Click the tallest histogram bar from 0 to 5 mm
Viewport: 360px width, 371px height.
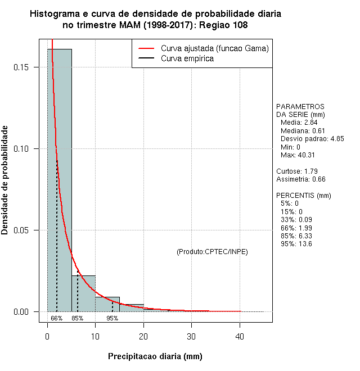59,180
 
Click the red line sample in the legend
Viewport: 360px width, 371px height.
146,48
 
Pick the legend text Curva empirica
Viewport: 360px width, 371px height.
187,58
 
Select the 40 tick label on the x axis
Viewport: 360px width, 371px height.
240,337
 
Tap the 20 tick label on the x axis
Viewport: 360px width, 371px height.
143,337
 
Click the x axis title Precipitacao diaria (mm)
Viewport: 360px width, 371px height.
155,356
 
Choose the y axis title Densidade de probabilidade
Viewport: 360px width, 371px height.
6,180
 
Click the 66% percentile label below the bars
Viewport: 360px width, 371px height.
56,318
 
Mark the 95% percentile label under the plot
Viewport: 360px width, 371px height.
112,318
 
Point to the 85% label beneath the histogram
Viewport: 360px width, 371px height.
78,318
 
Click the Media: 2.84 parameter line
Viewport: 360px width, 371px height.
299,123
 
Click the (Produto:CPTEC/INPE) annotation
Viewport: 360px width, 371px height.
212,251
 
